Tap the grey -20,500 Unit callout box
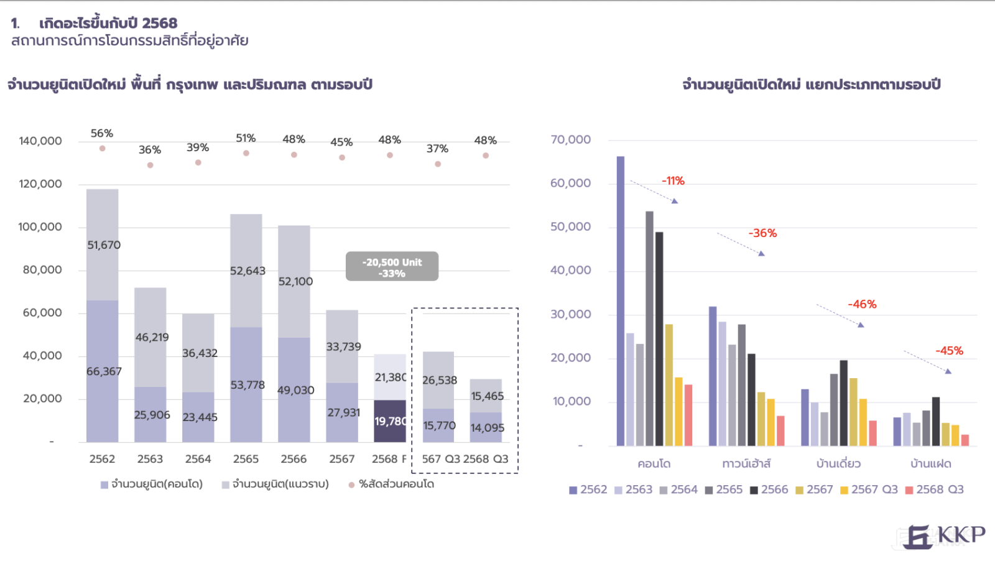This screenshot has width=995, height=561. [x=392, y=267]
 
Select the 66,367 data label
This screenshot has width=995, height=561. [x=104, y=371]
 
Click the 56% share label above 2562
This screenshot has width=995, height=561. [x=102, y=133]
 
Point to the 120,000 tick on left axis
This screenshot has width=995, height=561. [x=40, y=184]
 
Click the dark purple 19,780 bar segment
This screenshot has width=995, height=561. [x=389, y=421]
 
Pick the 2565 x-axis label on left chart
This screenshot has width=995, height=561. [x=246, y=459]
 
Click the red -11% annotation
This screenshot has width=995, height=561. [x=673, y=181]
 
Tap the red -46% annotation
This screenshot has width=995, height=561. [x=862, y=304]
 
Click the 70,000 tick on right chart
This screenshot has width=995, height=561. [x=570, y=140]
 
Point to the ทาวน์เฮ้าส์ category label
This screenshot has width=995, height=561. [x=746, y=464]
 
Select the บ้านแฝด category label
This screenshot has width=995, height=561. [x=931, y=464]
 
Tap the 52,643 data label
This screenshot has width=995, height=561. [x=248, y=271]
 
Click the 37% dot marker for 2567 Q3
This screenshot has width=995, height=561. [x=438, y=164]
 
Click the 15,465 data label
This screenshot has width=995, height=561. [x=487, y=396]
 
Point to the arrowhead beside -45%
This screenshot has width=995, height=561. [x=948, y=371]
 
